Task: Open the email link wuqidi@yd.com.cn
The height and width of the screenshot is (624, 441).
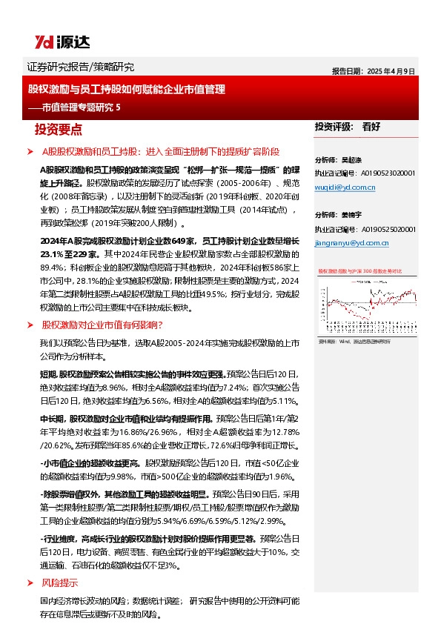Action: click(x=345, y=187)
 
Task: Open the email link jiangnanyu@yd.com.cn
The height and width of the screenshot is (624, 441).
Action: click(x=351, y=242)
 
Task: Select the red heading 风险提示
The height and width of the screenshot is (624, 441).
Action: click(x=60, y=582)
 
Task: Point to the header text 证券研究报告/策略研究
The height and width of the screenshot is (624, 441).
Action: click(x=80, y=67)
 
